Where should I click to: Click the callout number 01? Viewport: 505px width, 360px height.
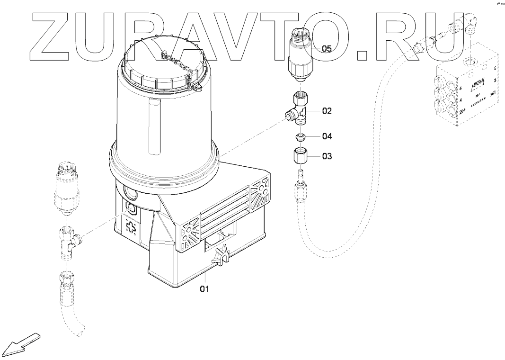204,288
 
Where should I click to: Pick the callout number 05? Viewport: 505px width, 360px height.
327,48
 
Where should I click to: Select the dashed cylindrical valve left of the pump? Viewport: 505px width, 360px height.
65,189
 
